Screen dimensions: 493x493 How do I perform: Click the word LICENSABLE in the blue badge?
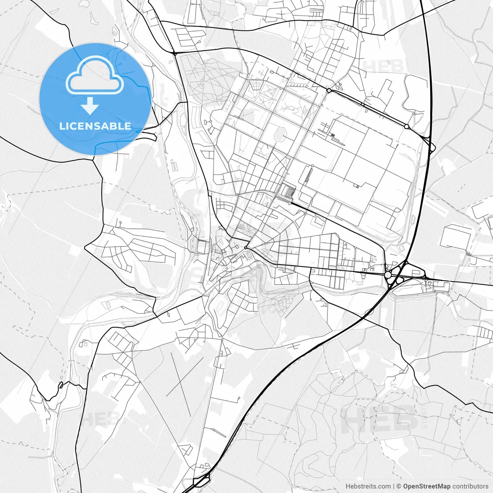[x=95, y=126]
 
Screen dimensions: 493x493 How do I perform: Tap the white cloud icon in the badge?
[x=94, y=75]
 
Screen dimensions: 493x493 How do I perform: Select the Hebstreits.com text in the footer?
[x=368, y=486]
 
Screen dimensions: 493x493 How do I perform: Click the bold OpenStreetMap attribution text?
[x=427, y=486]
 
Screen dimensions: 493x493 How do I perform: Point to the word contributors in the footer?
[x=470, y=486]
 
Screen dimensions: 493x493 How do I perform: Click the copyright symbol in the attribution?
[x=399, y=486]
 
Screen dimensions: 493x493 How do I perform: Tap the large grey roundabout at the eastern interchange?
[x=388, y=275]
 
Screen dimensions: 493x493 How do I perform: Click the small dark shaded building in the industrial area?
[x=332, y=135]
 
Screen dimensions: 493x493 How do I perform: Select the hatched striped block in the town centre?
[x=288, y=191]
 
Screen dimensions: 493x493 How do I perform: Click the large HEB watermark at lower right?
[x=379, y=418]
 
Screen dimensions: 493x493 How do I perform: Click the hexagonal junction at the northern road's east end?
[x=407, y=126]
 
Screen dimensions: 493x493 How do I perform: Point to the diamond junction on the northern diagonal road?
[x=329, y=91]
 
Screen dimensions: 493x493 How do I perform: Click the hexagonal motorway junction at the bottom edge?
[x=201, y=480]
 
